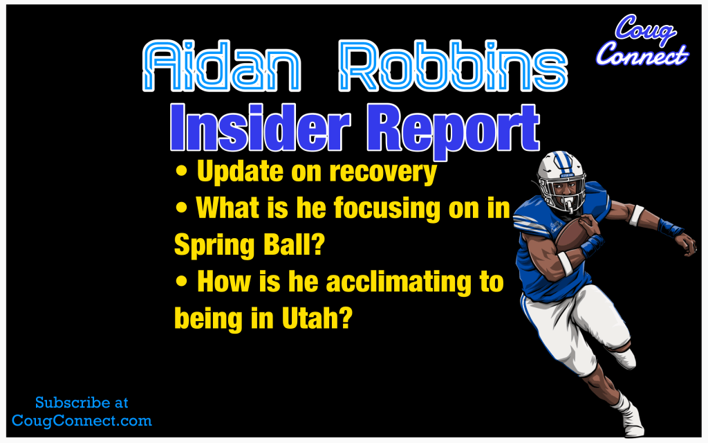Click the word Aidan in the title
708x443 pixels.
[x=222, y=66]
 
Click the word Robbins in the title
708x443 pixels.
[x=453, y=66]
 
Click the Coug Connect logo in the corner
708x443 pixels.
[x=642, y=39]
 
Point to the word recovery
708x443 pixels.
[x=383, y=172]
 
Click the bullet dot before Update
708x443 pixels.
[x=182, y=172]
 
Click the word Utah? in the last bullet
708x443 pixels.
[x=317, y=318]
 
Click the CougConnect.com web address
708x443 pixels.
[x=82, y=421]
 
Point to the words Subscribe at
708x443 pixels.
[x=82, y=403]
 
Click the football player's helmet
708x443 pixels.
[x=561, y=180]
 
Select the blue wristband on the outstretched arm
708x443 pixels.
[x=669, y=227]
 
